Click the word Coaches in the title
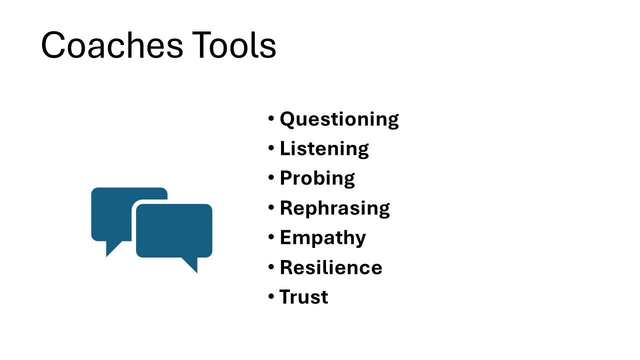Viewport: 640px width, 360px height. tap(112, 45)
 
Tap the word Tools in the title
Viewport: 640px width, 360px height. tap(234, 45)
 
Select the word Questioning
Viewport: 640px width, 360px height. tap(339, 119)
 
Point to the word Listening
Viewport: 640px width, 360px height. tap(324, 149)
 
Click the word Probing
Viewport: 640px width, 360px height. tap(317, 178)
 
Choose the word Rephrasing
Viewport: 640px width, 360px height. tap(335, 208)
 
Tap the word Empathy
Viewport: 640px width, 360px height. tap(323, 238)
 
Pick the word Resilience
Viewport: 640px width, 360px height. tap(331, 267)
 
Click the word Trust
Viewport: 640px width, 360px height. tap(303, 297)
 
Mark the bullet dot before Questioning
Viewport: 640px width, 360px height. tap(271, 118)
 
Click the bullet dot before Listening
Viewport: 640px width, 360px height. tap(271, 148)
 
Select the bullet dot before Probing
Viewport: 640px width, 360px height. tap(271, 177)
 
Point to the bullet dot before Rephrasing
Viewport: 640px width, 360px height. tap(271, 207)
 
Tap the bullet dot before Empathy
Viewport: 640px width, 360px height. tap(271, 237)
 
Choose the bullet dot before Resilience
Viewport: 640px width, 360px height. tap(271, 266)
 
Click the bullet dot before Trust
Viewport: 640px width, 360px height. tap(271, 296)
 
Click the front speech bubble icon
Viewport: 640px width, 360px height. tap(174, 231)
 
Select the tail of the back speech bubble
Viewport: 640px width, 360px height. tap(111, 247)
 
